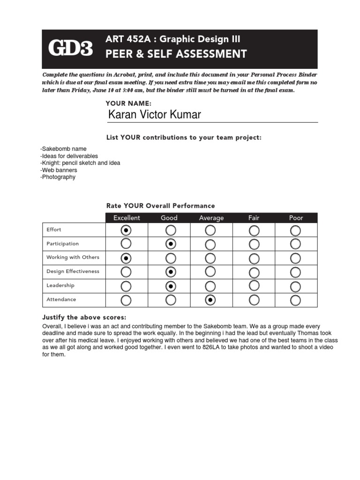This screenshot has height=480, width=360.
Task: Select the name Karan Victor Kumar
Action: point(154,114)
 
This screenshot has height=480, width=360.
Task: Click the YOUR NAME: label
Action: point(129,103)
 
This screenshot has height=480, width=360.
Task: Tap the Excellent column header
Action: point(127,218)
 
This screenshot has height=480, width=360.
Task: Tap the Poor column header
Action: point(296,218)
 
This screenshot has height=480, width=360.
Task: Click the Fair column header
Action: point(254,218)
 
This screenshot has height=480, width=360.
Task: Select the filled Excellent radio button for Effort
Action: point(126,230)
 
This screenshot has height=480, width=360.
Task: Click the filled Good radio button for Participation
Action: point(171,244)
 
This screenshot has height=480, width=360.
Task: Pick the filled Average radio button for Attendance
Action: point(210,300)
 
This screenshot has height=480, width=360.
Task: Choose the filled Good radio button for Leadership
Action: point(171,286)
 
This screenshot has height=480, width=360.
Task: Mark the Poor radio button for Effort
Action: point(296,230)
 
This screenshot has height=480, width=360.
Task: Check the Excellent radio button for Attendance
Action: point(126,300)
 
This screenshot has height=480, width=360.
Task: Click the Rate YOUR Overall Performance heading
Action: point(160,206)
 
